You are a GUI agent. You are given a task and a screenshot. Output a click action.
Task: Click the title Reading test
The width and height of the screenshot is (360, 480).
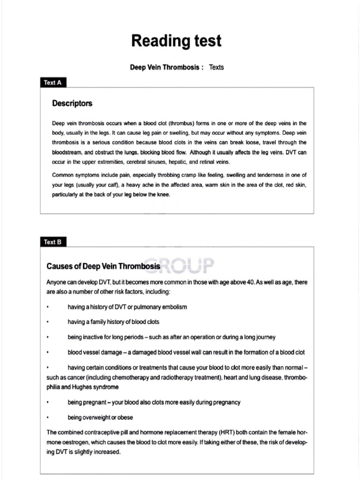click(176, 41)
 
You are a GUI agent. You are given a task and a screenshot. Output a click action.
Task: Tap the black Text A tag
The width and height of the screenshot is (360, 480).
click(52, 82)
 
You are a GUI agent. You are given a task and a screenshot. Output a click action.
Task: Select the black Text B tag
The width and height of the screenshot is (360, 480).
click(52, 242)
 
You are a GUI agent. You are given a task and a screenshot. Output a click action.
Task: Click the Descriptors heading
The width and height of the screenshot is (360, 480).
click(72, 103)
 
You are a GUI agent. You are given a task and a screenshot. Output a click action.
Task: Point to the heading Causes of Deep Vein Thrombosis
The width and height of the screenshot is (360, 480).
click(103, 267)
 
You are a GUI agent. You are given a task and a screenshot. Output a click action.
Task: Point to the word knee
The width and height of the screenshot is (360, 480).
click(163, 195)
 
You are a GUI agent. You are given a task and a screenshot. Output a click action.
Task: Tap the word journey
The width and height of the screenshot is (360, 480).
click(264, 337)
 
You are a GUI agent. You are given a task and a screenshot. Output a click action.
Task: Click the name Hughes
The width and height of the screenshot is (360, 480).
click(83, 387)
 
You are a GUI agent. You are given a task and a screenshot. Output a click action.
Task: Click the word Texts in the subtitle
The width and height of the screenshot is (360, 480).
click(217, 67)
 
